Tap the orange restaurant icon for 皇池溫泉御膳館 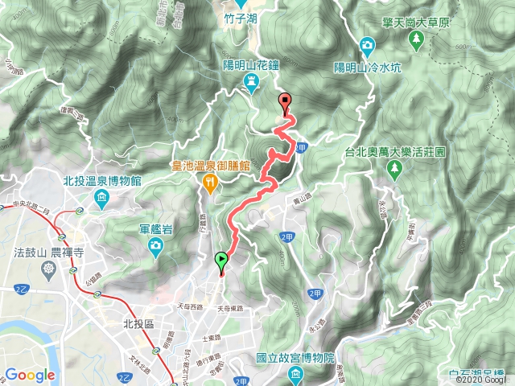211,183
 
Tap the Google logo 30,375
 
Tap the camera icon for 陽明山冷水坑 368,43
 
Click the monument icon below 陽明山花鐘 252,81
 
